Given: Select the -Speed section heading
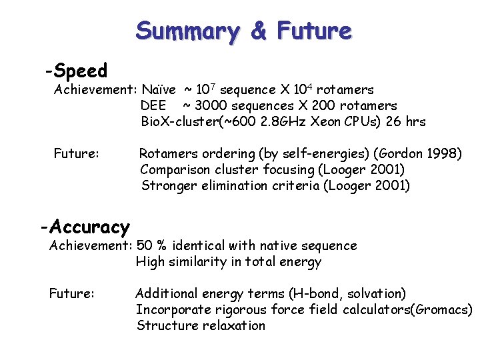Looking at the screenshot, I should [x=76, y=70].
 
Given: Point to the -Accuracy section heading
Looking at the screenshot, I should [x=85, y=227].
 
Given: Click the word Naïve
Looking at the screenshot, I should [x=159, y=89].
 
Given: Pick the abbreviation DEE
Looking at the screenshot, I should [x=153, y=105].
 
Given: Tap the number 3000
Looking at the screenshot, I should [x=212, y=105].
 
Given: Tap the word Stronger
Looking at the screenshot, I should [x=167, y=186].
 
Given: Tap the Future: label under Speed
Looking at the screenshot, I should [x=77, y=154].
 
